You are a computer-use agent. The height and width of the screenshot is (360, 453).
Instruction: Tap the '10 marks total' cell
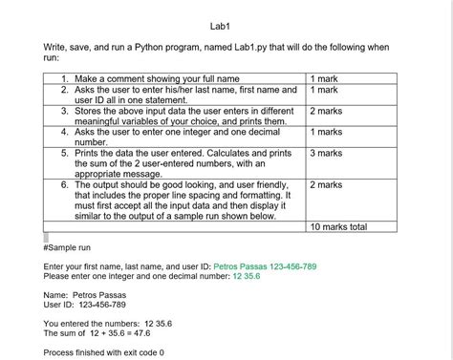[339, 227]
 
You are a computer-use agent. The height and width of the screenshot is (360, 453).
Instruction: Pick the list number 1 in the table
[64, 78]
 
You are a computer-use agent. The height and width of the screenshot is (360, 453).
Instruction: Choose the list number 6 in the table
[64, 184]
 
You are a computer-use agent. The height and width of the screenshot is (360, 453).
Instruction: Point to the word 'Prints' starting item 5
[87, 153]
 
